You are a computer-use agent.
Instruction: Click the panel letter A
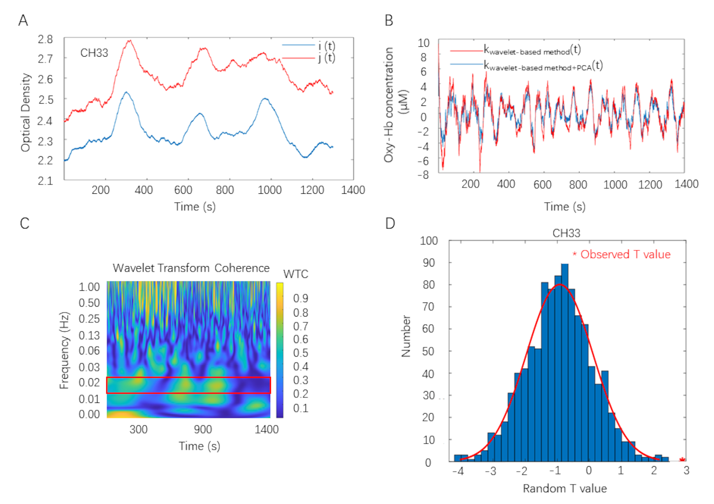pos(23,20)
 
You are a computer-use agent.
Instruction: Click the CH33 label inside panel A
pos(94,53)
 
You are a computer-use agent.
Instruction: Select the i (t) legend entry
pos(326,46)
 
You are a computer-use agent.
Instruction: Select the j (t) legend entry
pos(326,58)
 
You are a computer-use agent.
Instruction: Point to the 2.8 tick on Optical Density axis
pos(45,39)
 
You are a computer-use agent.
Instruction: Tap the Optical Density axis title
pos(25,112)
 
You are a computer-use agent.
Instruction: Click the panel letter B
pos(389,20)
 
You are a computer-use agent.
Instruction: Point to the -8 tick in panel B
pos(423,175)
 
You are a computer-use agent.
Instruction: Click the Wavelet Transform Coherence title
pos(191,268)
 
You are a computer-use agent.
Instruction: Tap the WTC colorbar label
pos(296,274)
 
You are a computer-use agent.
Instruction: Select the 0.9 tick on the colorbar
pos(300,298)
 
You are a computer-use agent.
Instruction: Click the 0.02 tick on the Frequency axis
pos(89,383)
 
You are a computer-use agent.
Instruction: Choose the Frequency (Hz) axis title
pos(64,350)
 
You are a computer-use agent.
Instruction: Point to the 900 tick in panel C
pos(203,429)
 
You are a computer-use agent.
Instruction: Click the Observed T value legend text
pos(625,254)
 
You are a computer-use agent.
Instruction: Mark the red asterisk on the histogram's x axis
pos(682,460)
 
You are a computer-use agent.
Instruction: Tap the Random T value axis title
pos(565,489)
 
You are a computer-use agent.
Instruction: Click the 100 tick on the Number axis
pos(429,241)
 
